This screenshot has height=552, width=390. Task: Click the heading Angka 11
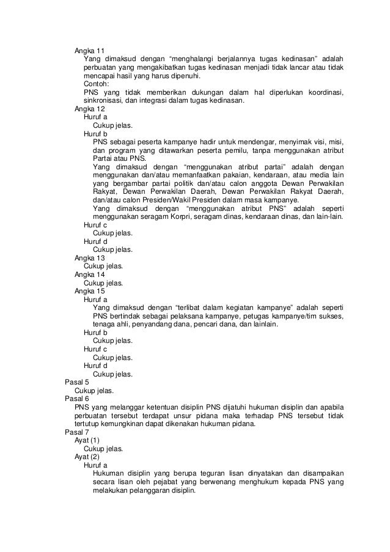click(x=89, y=50)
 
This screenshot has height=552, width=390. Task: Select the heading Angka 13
click(x=89, y=258)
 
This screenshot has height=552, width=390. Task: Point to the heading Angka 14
click(x=89, y=275)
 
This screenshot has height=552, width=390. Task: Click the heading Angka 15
click(x=89, y=291)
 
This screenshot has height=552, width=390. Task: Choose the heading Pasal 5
click(x=77, y=381)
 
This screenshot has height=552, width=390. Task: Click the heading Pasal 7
click(x=77, y=432)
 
